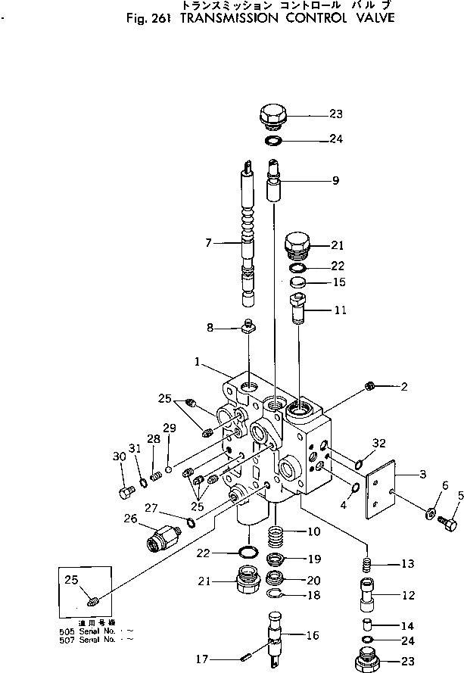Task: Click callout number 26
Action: pyautogui.click(x=131, y=519)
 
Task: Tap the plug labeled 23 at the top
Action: pyautogui.click(x=273, y=117)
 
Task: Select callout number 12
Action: pyautogui.click(x=408, y=596)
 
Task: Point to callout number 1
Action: pyautogui.click(x=196, y=362)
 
